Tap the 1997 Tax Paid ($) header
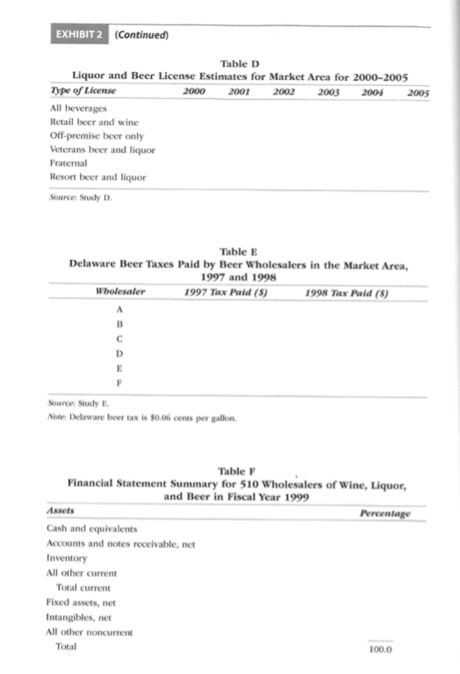226,290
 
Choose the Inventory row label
66,558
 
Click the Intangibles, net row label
78,617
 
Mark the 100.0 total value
381,649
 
